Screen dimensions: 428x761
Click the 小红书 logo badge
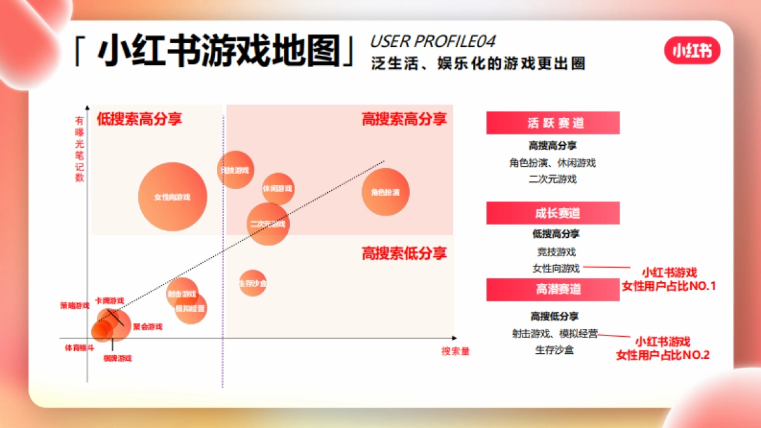(693, 51)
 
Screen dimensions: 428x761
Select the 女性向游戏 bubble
(172, 197)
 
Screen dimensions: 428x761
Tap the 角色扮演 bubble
(385, 192)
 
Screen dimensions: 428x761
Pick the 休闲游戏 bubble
(278, 188)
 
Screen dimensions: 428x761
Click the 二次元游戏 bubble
(268, 223)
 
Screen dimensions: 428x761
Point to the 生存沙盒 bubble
(252, 283)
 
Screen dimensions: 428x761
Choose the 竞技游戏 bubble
(235, 170)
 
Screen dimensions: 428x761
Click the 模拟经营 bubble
(191, 309)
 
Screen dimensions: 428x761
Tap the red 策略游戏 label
(75, 306)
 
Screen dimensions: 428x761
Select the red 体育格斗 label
(79, 348)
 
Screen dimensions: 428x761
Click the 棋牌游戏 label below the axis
(117, 358)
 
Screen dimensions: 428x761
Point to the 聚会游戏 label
(148, 327)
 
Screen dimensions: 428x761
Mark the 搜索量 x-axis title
(455, 351)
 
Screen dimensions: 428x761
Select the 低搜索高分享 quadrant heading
(140, 119)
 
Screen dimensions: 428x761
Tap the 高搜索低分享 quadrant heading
(404, 254)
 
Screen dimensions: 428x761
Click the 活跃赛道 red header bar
(552, 123)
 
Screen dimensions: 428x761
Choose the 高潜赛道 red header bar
(552, 289)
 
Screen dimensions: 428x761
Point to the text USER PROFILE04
(433, 42)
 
